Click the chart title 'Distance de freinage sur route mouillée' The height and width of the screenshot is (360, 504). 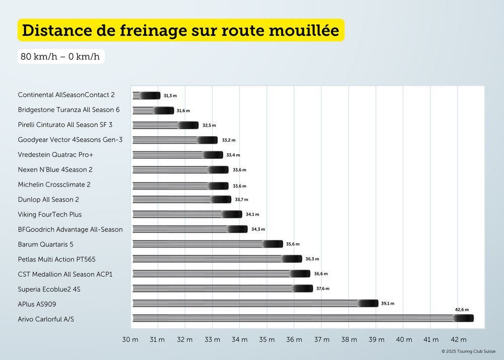(180, 30)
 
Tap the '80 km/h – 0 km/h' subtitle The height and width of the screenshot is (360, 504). (60, 56)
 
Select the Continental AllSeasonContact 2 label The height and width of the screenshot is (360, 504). (66, 95)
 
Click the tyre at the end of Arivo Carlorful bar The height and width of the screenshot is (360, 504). (463, 318)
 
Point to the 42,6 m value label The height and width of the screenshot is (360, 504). (462, 310)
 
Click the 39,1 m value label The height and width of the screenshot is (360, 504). (388, 304)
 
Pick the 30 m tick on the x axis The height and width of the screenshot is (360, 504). (130, 339)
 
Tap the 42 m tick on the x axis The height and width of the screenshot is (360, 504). (458, 339)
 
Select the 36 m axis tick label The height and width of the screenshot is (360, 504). (294, 339)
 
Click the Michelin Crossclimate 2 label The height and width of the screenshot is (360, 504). (54, 185)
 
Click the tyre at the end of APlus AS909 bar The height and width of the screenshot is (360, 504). (368, 303)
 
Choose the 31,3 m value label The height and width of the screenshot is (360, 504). (170, 95)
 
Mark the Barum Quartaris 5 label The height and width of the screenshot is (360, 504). (45, 244)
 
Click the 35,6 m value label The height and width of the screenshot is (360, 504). (292, 244)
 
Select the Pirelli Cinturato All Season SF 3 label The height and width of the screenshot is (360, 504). (65, 125)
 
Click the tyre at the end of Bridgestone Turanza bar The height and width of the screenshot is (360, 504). (163, 110)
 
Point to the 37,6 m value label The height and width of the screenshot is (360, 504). (323, 288)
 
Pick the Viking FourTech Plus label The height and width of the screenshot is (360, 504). (49, 214)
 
